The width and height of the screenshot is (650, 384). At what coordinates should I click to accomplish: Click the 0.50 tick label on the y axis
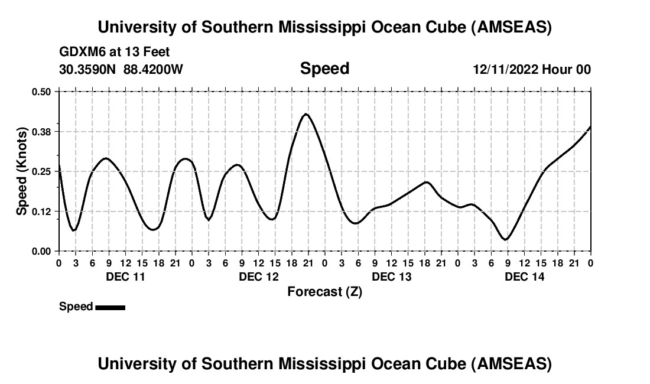tap(41, 92)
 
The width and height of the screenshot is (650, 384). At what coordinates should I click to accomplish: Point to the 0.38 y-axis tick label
tap(41, 131)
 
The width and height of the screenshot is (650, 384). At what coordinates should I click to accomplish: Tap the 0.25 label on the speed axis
tap(41, 171)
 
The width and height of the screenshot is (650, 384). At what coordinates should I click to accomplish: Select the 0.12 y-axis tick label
tap(41, 211)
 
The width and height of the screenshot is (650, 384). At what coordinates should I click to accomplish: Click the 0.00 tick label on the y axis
tap(41, 251)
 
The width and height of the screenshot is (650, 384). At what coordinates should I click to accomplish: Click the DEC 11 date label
tap(125, 276)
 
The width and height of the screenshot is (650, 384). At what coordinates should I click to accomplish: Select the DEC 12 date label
tap(259, 276)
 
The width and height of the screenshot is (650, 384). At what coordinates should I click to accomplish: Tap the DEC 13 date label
tap(392, 276)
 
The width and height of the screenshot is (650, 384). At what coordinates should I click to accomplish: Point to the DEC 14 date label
tap(525, 276)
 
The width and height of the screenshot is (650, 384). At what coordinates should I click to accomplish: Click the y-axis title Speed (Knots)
tap(21, 171)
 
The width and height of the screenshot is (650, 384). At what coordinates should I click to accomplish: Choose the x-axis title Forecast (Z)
tap(324, 291)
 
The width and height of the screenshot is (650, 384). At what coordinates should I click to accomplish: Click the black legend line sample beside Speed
tap(110, 307)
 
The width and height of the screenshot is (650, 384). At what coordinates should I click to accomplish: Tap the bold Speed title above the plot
tap(324, 69)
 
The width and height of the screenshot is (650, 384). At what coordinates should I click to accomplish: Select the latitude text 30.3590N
tap(88, 70)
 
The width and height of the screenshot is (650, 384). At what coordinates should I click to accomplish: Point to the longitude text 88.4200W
tap(153, 70)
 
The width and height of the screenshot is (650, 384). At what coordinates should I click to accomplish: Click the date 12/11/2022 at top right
tap(506, 70)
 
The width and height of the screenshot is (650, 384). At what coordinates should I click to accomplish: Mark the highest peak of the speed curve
tap(305, 113)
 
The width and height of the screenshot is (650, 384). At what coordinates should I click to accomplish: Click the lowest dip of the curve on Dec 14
tap(505, 239)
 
